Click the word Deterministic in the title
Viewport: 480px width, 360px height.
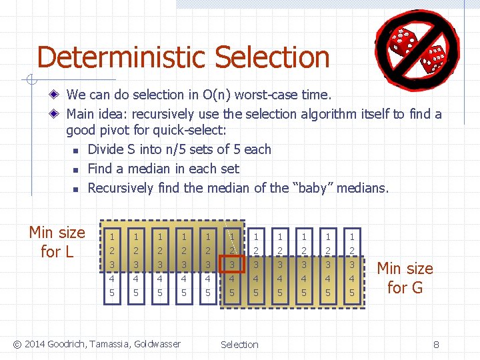pos(124,57)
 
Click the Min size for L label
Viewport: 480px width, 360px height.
pos(57,242)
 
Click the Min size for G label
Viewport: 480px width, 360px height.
pos(405,278)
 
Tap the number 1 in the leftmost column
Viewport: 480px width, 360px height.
pos(112,237)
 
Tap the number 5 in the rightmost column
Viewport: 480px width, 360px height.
pos(352,293)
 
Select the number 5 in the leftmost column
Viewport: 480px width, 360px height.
pos(112,293)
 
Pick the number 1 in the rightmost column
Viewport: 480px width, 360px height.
pos(352,237)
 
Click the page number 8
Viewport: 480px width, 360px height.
pos(436,345)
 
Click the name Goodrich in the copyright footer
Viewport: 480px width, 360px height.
pos(67,344)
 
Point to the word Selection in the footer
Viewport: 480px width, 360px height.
pos(239,345)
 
